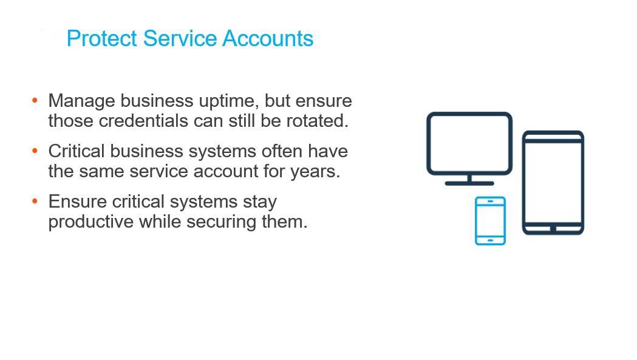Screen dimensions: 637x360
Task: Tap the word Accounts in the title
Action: [268, 39]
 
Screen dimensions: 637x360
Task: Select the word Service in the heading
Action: [180, 39]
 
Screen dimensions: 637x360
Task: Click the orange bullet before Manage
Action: [35, 100]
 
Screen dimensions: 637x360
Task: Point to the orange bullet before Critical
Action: [35, 151]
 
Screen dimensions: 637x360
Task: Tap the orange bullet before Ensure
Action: [35, 201]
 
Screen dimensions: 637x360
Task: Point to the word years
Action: [315, 172]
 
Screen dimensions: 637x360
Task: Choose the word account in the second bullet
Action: [225, 171]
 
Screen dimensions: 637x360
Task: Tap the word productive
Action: [91, 222]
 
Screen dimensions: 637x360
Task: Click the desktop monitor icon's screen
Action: [469, 143]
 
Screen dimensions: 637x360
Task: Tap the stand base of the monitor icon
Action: [469, 183]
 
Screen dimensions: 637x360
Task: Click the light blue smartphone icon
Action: [490, 220]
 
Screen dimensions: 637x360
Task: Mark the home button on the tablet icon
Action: [553, 229]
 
